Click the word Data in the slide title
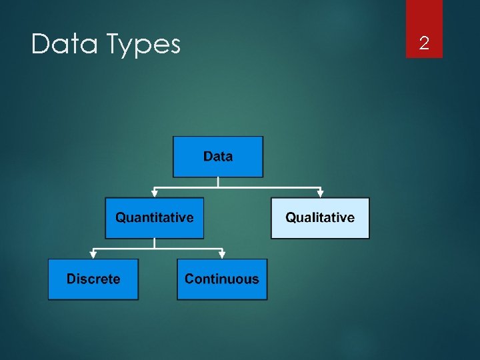coord(63,45)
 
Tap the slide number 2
coord(424,44)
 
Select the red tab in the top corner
coord(424,28)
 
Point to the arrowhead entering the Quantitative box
coord(155,194)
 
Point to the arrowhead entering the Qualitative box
coord(320,194)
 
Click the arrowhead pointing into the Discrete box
coord(93,255)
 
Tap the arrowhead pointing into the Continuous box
coord(222,255)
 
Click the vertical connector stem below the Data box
coord(218,182)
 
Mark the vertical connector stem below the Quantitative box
coord(155,243)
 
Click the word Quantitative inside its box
coord(154,217)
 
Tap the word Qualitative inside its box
coord(319,217)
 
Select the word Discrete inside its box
coord(93,279)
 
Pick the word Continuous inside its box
coord(222,279)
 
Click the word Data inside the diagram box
coord(218,157)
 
